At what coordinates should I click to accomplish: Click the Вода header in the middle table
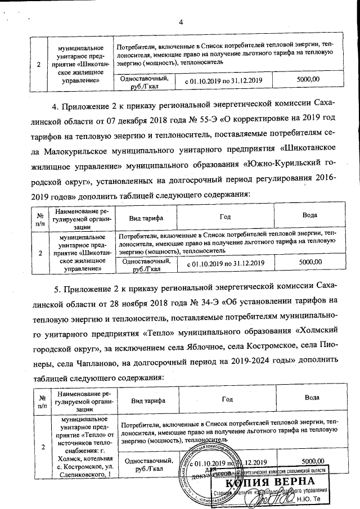coord(310,215)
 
